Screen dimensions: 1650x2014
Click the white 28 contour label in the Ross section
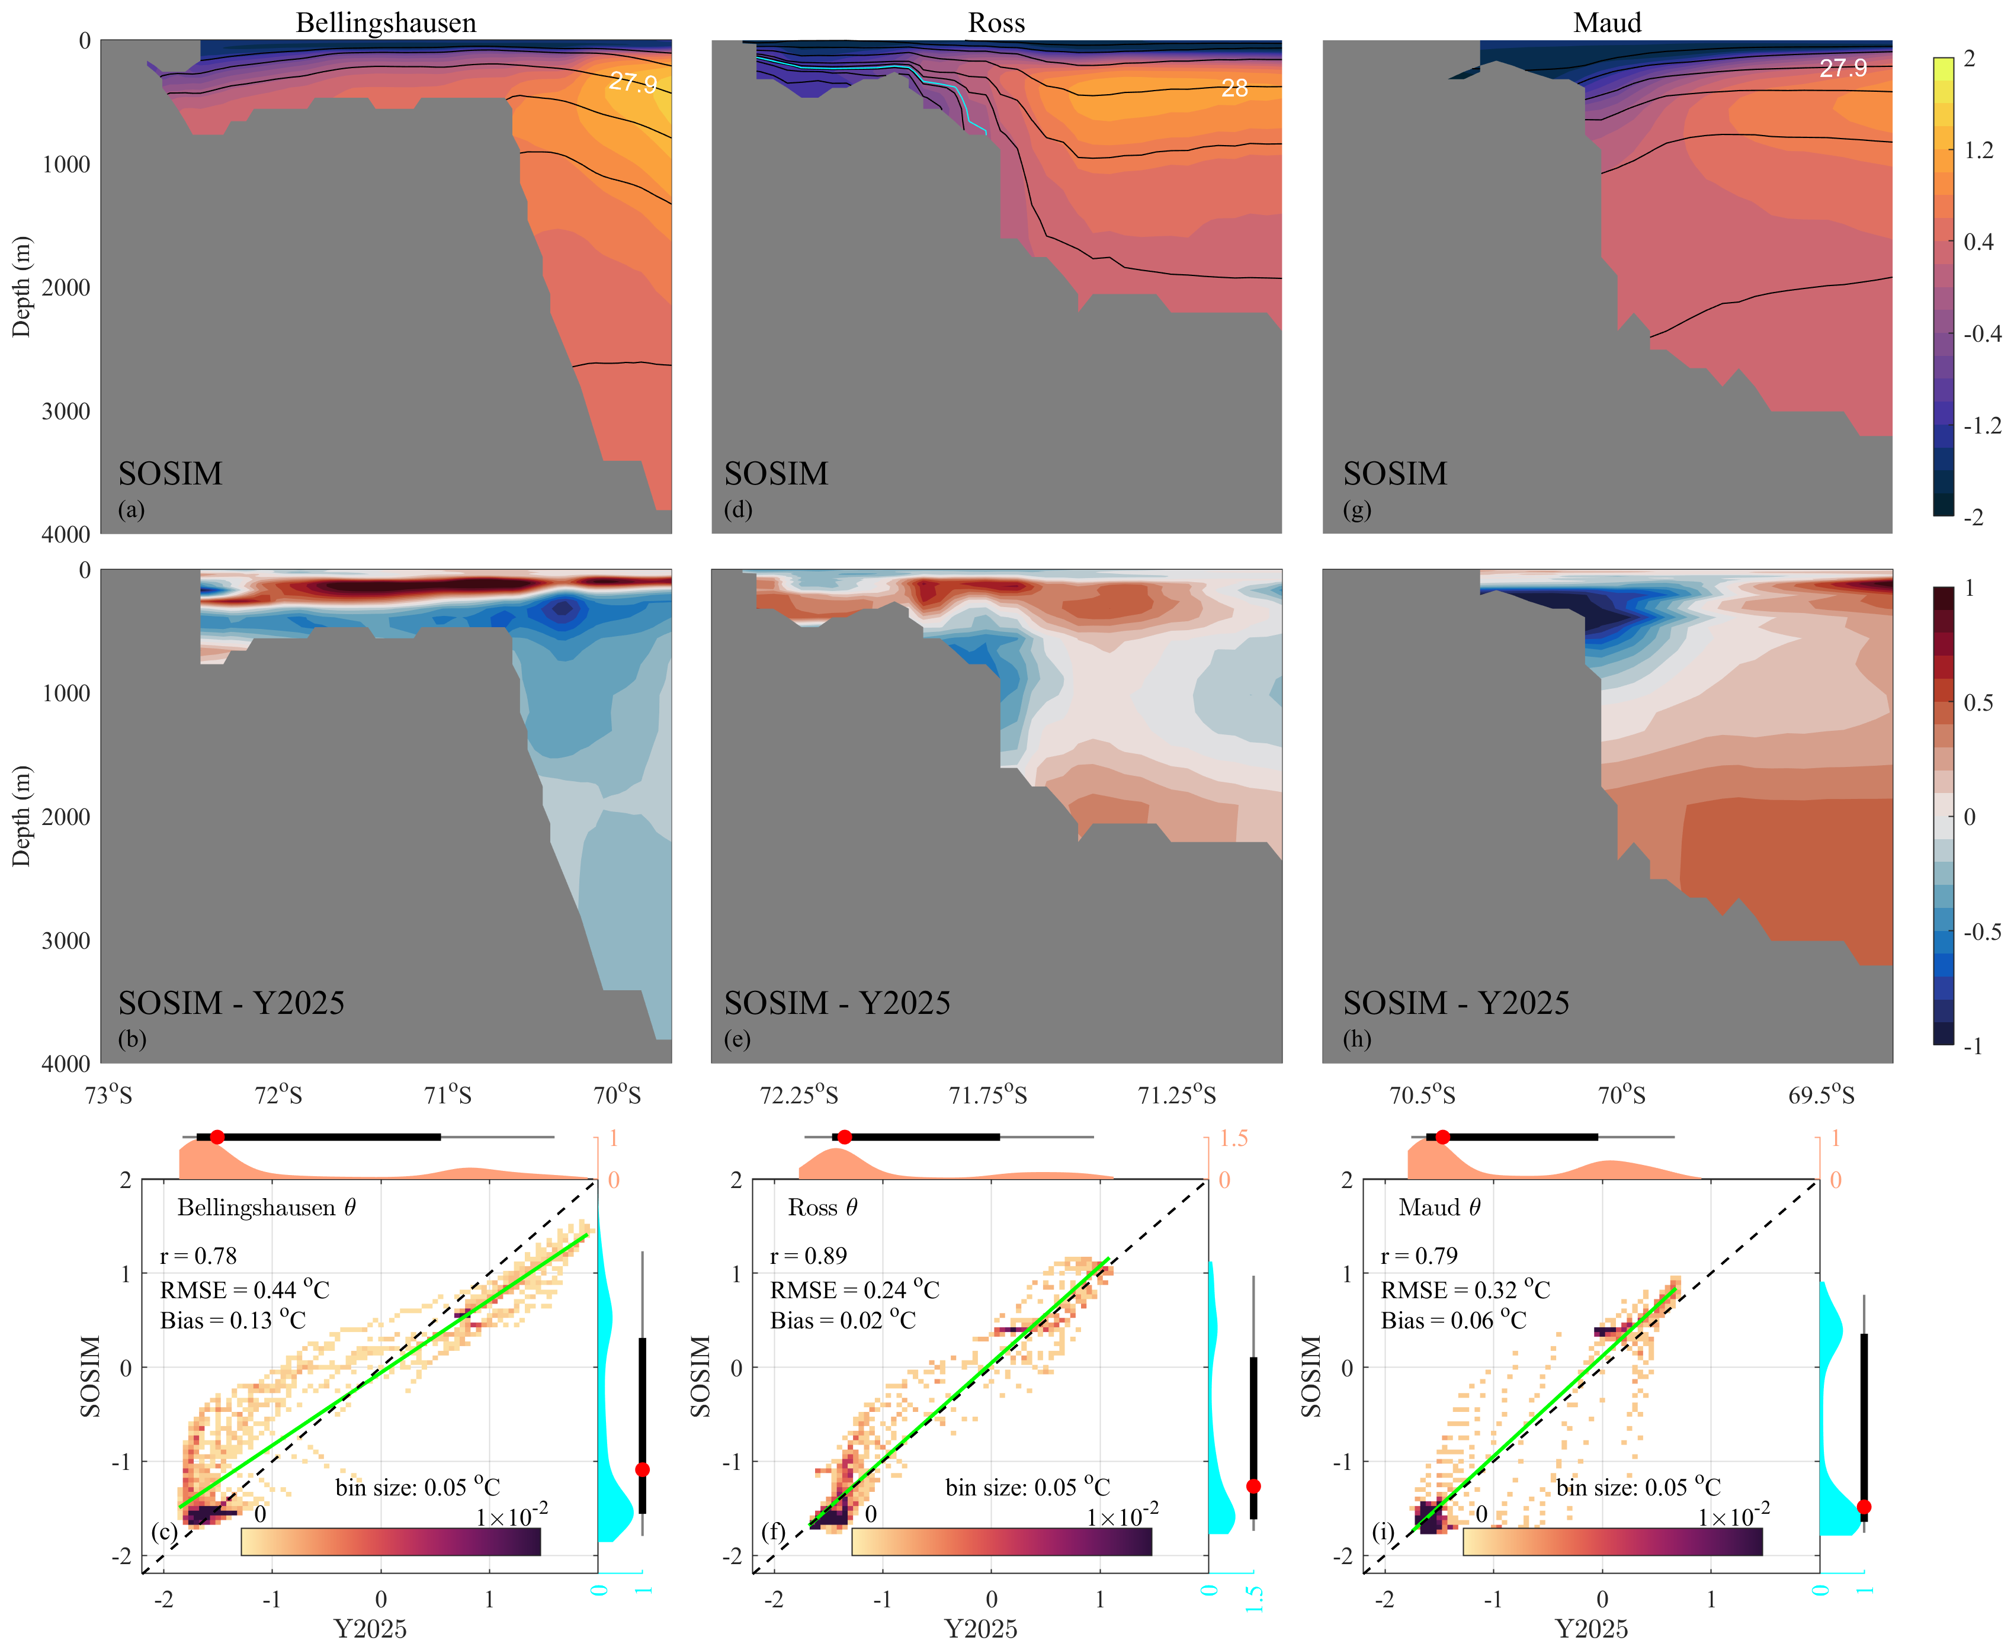[x=1234, y=88]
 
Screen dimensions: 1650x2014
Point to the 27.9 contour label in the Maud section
[x=1843, y=69]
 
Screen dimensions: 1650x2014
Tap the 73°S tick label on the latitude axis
[x=108, y=1096]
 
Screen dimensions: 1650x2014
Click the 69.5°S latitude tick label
[x=1821, y=1096]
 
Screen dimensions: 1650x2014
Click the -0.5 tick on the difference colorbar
[x=1981, y=932]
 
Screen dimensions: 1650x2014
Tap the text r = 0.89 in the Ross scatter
[x=808, y=1256]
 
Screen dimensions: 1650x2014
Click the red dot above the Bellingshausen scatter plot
[x=217, y=1137]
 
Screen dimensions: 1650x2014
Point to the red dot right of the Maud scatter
[x=1864, y=1507]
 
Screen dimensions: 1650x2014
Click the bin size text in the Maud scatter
[x=1638, y=1487]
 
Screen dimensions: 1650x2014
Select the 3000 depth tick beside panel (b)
[x=66, y=940]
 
